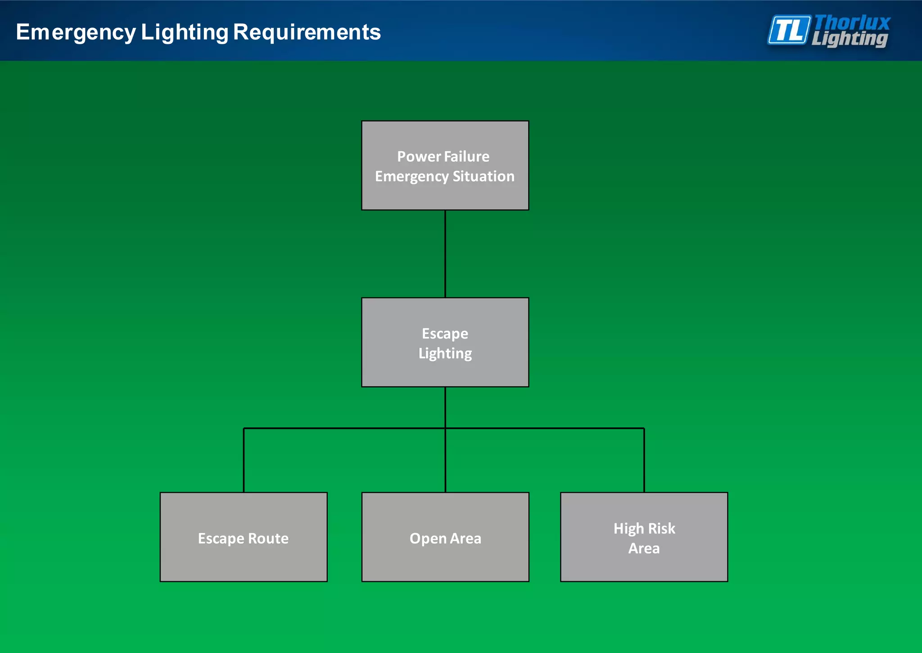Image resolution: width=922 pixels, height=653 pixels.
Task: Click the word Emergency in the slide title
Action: point(76,32)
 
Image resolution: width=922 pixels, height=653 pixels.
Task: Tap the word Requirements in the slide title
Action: point(307,32)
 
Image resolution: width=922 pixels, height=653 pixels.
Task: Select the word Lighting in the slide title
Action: point(185,32)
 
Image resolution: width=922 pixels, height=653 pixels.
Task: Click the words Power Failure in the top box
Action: point(443,156)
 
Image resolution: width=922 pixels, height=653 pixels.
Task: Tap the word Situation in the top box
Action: point(484,176)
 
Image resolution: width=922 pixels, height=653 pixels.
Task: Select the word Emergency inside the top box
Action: point(411,176)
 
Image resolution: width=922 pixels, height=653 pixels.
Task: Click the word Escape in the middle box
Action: point(445,333)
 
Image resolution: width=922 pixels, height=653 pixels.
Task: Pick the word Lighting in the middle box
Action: point(445,353)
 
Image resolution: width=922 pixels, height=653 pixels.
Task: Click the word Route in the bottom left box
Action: point(268,539)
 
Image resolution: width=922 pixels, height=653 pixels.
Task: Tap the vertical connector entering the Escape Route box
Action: point(244,460)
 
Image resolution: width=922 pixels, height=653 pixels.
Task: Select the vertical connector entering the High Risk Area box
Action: point(644,460)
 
